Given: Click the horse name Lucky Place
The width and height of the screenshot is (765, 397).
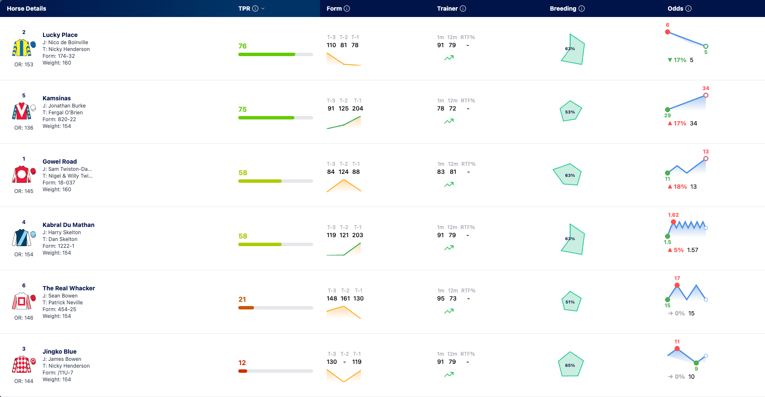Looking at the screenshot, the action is (x=60, y=35).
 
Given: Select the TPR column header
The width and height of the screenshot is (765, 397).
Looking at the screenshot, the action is (x=244, y=9).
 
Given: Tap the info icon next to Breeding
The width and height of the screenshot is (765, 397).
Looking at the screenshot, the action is (x=582, y=9).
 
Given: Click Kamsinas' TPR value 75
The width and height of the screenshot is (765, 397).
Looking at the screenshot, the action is (x=243, y=109).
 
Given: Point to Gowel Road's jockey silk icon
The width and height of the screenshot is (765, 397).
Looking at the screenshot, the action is (x=22, y=174).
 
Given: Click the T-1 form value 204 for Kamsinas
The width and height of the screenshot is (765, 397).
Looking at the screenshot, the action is (x=358, y=108).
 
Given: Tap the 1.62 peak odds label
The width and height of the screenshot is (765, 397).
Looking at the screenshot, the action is (x=674, y=215).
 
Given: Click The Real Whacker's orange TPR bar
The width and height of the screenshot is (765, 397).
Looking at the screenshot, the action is (x=246, y=308).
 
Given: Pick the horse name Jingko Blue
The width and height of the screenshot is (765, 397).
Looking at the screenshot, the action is (x=60, y=352).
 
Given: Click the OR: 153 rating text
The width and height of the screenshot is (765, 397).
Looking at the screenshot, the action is (x=24, y=65).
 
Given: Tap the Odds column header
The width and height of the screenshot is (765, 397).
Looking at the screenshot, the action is (x=675, y=9).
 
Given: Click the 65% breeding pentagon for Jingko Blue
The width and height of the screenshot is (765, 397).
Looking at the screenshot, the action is (x=571, y=364).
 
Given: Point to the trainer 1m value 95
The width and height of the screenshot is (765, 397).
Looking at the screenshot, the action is (x=441, y=298).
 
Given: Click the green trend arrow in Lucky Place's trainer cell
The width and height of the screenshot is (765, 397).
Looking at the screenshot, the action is (x=449, y=58).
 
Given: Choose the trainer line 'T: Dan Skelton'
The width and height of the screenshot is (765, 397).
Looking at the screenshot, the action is (x=60, y=239).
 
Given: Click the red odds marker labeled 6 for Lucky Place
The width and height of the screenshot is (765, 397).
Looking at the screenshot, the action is (x=668, y=32).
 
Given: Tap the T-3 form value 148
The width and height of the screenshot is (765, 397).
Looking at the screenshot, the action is (x=332, y=298).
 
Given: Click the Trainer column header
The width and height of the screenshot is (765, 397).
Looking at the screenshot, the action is (x=447, y=9).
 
